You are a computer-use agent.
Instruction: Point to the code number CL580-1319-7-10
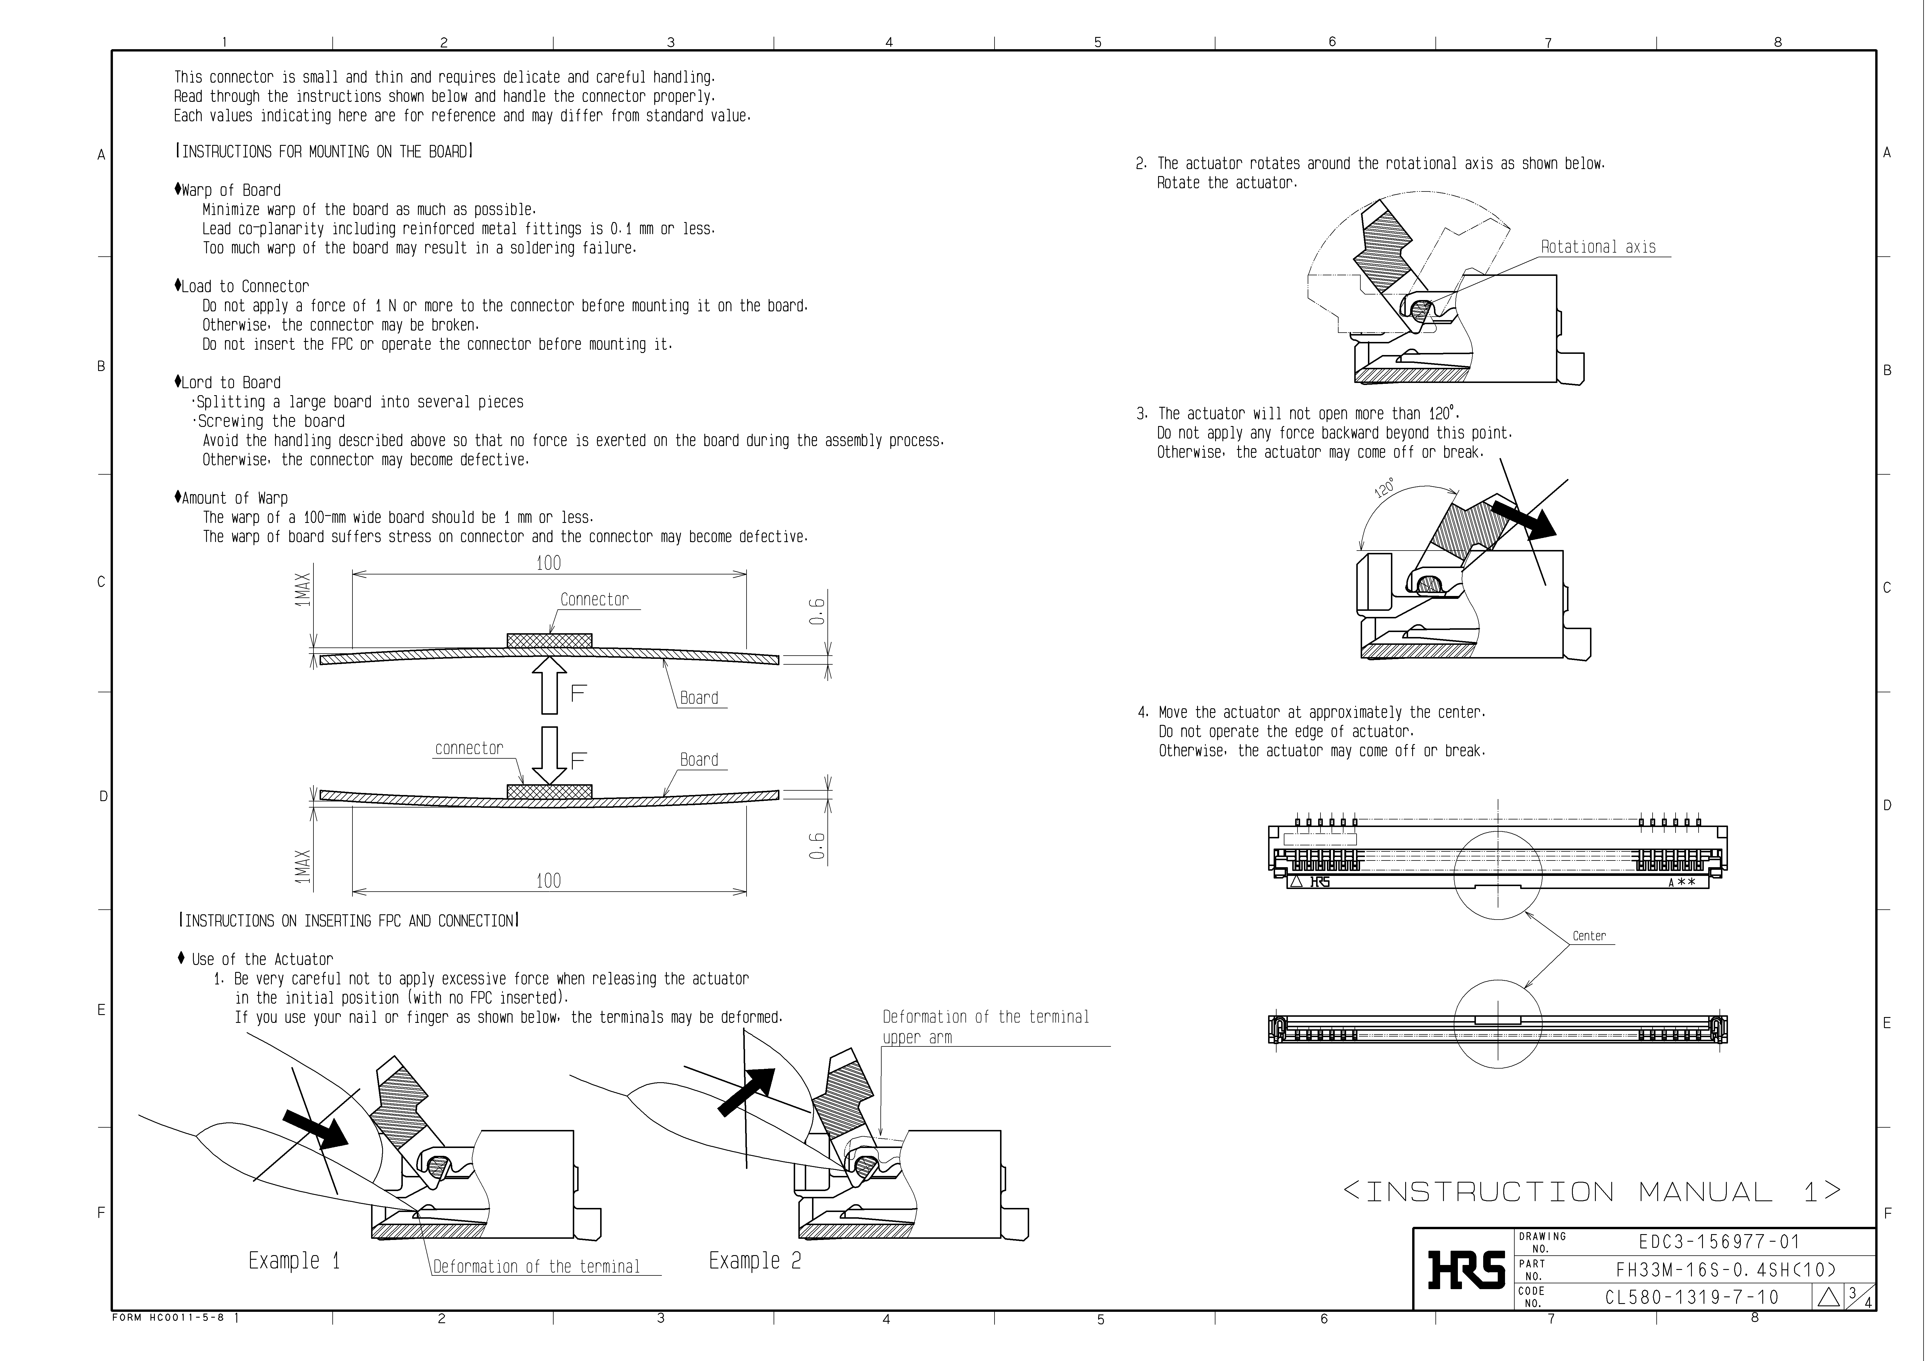point(1692,1297)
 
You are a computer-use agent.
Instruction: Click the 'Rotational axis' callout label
point(1598,247)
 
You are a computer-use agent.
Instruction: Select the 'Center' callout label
point(1589,936)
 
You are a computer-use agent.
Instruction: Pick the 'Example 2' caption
point(755,1260)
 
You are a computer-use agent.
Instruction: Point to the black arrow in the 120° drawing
point(1522,519)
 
